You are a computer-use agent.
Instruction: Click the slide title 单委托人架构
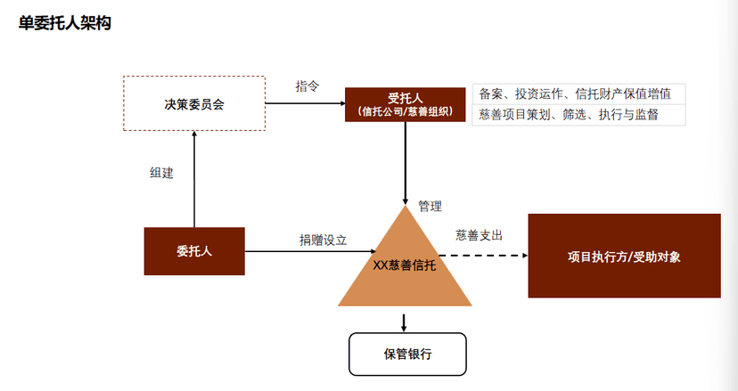point(64,22)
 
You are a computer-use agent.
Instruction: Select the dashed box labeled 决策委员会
point(193,103)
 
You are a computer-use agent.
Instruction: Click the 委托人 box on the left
point(194,251)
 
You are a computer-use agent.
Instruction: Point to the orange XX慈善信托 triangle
point(406,265)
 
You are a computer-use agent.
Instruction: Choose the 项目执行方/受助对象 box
point(624,256)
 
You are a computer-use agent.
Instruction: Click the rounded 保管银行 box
point(406,354)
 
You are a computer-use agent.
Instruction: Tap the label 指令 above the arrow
point(307,86)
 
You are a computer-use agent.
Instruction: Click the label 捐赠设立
point(323,240)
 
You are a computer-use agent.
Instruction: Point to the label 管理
point(430,206)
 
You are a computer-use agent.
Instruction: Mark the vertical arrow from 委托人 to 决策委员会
point(193,178)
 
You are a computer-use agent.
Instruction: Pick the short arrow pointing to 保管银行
point(406,322)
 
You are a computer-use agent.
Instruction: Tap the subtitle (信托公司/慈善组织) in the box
point(406,111)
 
